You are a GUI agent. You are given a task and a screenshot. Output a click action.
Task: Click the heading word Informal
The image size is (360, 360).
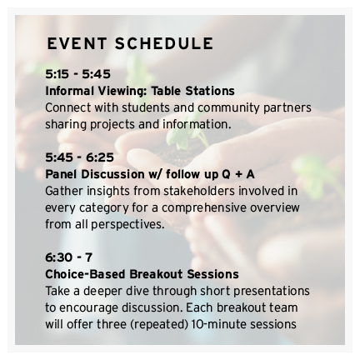coord(70,91)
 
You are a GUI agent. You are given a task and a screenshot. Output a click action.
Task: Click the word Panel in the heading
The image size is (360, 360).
coord(62,173)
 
